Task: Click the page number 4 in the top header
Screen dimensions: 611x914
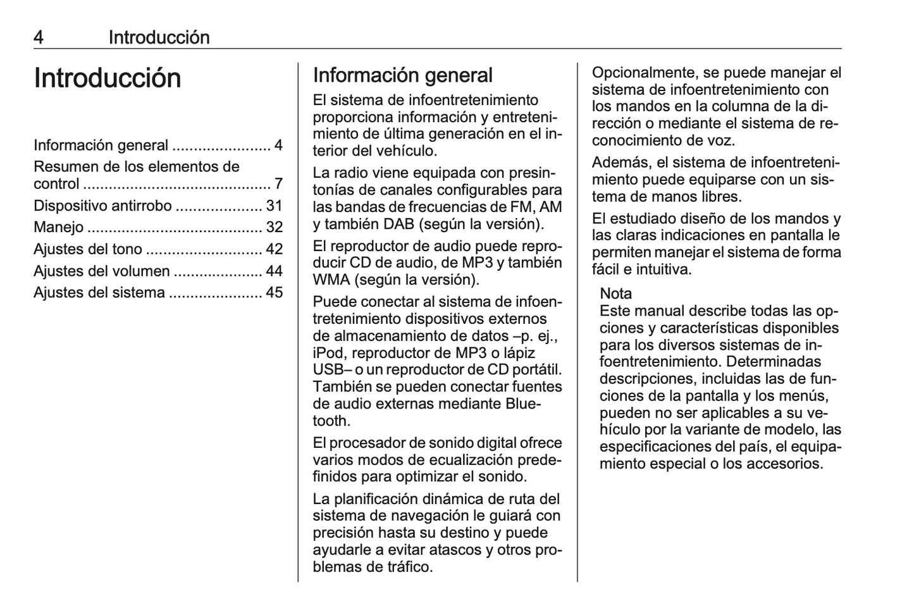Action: click(x=39, y=37)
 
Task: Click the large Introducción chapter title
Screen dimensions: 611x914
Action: click(x=108, y=78)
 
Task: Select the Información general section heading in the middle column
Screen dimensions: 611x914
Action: click(x=402, y=75)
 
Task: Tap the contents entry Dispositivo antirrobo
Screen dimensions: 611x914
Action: click(x=102, y=206)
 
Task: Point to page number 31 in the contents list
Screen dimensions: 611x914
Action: click(x=274, y=206)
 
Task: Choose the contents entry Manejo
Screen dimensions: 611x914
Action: click(x=58, y=227)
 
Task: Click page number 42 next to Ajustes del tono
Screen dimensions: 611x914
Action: click(x=274, y=249)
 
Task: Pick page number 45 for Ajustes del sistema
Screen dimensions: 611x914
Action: click(x=274, y=293)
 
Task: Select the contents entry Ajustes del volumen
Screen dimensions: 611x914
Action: click(x=102, y=271)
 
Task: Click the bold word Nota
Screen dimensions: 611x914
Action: click(x=615, y=293)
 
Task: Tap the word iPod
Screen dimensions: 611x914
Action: click(x=328, y=353)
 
